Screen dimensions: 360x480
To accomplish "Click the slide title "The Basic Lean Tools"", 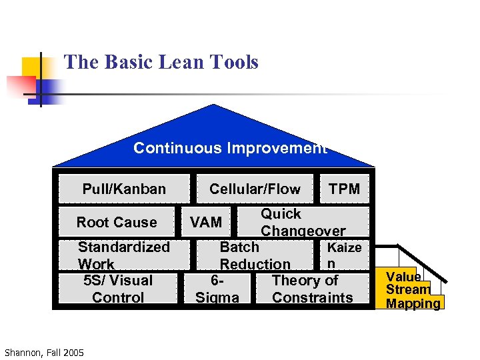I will click(x=161, y=63).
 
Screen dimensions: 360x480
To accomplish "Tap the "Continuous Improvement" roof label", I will click(x=230, y=148).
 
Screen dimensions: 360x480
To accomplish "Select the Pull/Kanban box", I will click(x=124, y=189).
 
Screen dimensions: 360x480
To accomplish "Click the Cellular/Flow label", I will click(x=255, y=189).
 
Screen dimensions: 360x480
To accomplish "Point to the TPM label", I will click(x=344, y=189).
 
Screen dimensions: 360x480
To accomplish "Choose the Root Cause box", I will click(x=117, y=222).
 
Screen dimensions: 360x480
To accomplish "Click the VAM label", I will click(x=206, y=222).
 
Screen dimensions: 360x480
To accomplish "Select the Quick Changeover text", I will click(x=303, y=222).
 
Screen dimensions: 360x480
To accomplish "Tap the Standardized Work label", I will click(x=123, y=255).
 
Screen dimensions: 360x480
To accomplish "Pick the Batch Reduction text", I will click(x=255, y=255).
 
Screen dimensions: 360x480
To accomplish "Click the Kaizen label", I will click(x=343, y=255).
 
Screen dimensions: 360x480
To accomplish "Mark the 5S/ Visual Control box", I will click(x=118, y=289).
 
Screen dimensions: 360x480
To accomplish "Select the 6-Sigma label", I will click(x=217, y=289).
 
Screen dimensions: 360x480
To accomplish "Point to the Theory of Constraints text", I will click(x=312, y=289).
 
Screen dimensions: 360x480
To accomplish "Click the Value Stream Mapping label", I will click(x=413, y=290).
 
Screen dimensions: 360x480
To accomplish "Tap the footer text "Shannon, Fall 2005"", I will click(x=44, y=352).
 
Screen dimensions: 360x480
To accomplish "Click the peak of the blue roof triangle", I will click(x=213, y=106).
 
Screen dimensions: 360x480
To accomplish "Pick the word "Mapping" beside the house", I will click(x=413, y=303).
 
